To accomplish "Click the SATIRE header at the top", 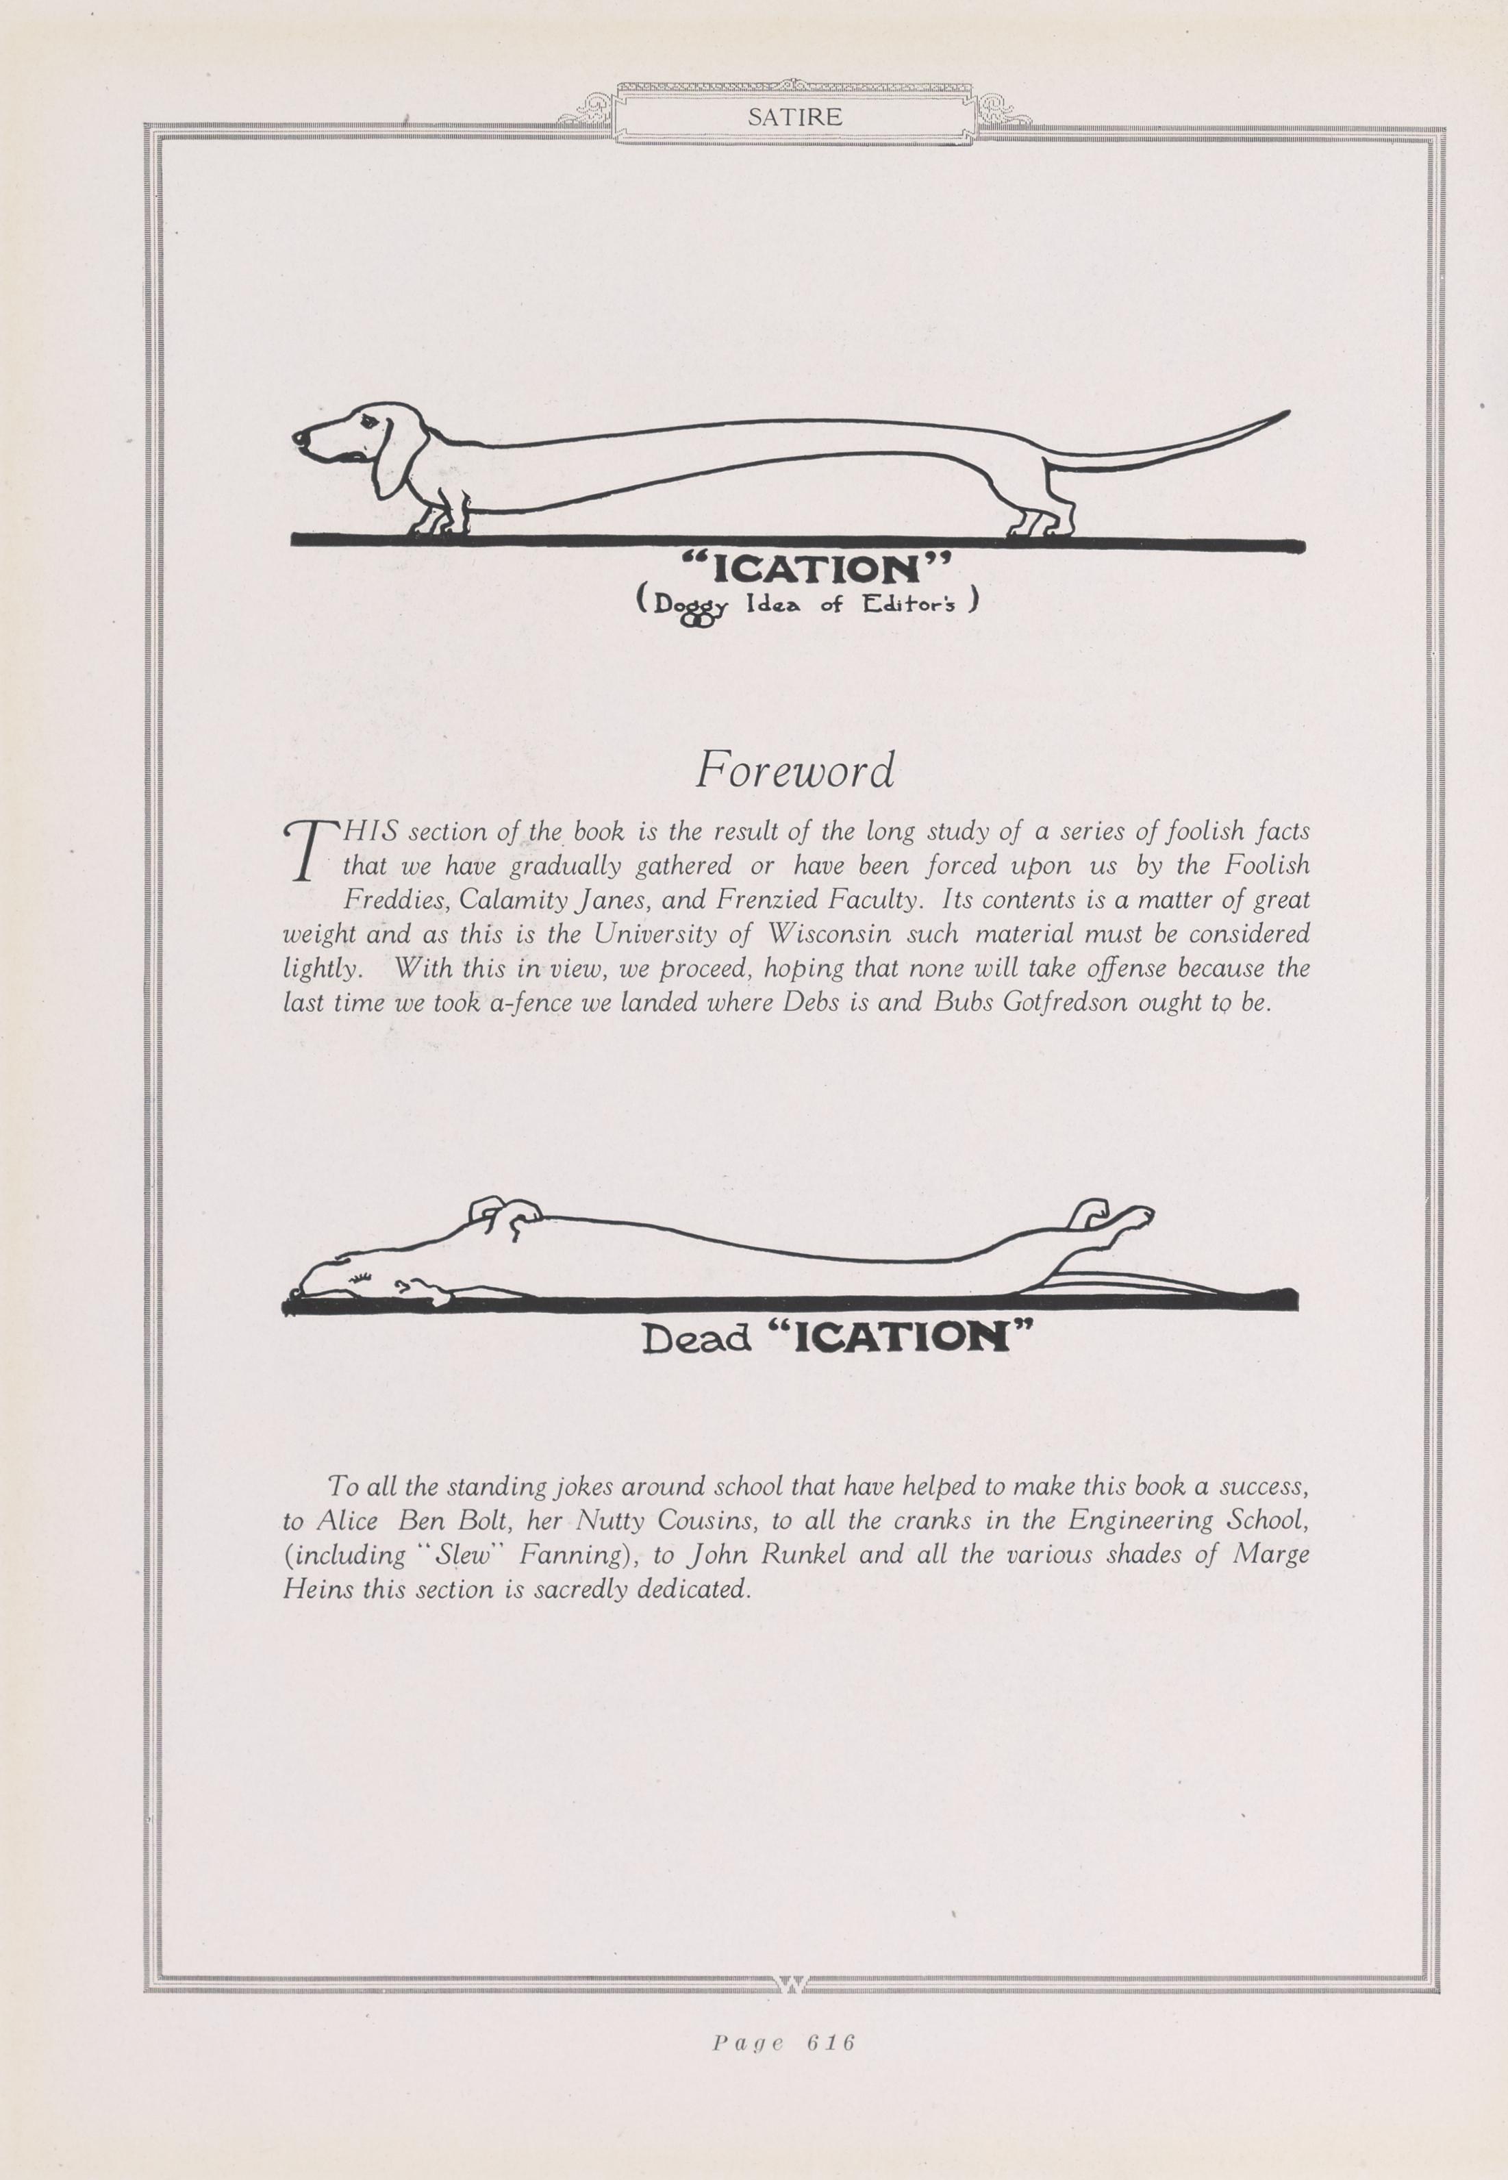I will (x=794, y=117).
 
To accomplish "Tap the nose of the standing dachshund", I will (x=299, y=438).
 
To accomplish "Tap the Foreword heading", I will (x=794, y=770).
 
